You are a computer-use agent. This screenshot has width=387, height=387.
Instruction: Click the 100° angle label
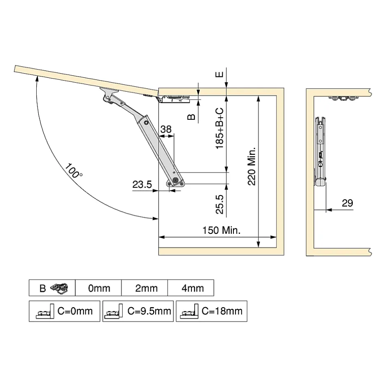point(74,171)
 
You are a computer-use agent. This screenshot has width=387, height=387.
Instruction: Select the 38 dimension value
point(166,129)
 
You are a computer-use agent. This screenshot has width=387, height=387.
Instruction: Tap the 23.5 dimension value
point(142,185)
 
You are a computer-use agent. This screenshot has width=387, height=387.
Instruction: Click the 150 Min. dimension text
point(221,230)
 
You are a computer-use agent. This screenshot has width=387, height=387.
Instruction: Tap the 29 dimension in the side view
point(347,203)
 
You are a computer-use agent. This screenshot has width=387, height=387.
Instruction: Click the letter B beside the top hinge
point(191,117)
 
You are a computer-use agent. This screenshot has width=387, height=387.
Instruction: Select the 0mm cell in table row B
point(99,288)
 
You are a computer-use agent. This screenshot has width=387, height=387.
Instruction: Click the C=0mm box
point(65,311)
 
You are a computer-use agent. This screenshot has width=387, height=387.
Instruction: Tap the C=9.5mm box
point(138,311)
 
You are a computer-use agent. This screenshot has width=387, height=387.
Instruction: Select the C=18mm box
point(211,311)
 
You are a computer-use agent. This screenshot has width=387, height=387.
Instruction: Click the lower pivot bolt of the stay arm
point(175,180)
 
